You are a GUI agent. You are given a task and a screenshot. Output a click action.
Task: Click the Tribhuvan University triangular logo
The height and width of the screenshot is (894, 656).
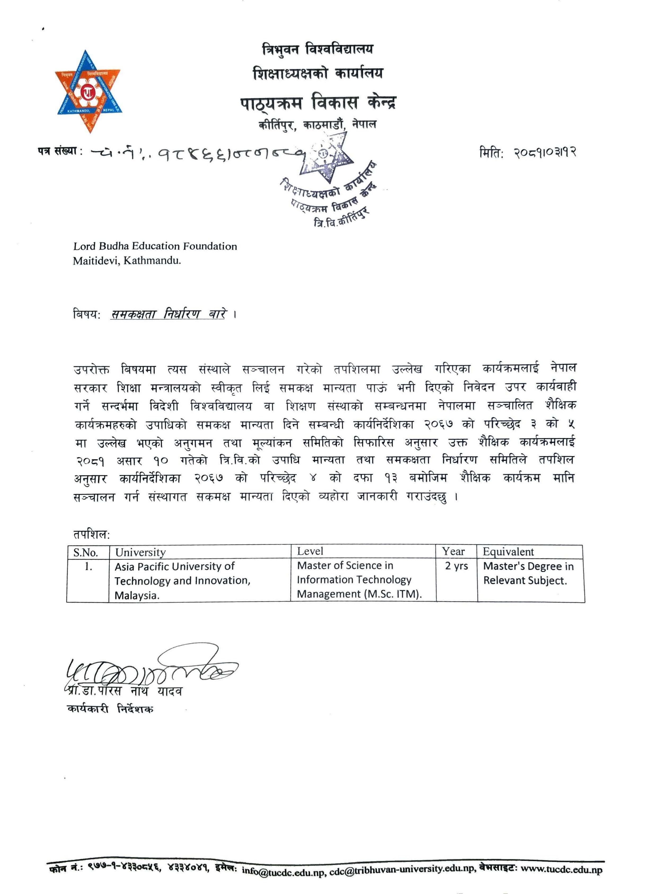click(88, 92)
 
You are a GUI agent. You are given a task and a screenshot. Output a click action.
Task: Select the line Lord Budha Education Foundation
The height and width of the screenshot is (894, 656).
click(155, 246)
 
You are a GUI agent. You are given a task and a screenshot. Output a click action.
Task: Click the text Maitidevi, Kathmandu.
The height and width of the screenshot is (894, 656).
click(127, 261)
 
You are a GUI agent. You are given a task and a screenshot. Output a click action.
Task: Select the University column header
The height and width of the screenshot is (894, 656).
click(140, 552)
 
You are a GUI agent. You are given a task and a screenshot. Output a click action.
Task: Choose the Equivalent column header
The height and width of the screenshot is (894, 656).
click(508, 552)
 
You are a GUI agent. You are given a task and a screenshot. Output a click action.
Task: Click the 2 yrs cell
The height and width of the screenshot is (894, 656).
click(456, 566)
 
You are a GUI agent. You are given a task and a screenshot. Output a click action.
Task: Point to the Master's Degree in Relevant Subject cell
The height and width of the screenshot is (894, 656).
click(528, 573)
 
